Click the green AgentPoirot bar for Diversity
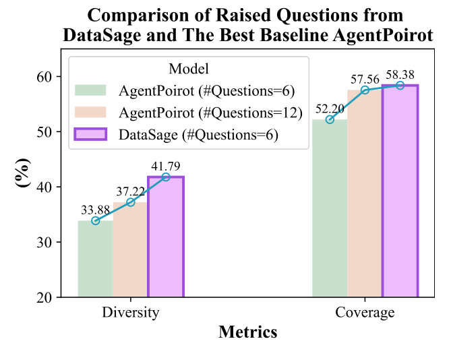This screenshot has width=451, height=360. [95, 259]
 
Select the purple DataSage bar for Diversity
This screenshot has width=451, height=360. [165, 237]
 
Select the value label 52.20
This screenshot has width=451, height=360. [330, 108]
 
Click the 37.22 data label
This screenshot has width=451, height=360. [130, 191]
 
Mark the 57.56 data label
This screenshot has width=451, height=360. [365, 78]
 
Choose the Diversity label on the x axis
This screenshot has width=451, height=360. [131, 313]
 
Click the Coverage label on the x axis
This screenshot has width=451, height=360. [365, 313]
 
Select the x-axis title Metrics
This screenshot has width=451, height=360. [247, 332]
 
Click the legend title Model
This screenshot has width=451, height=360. [188, 69]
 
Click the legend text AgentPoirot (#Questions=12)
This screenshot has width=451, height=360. [210, 113]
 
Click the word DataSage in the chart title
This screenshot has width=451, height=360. [101, 36]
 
